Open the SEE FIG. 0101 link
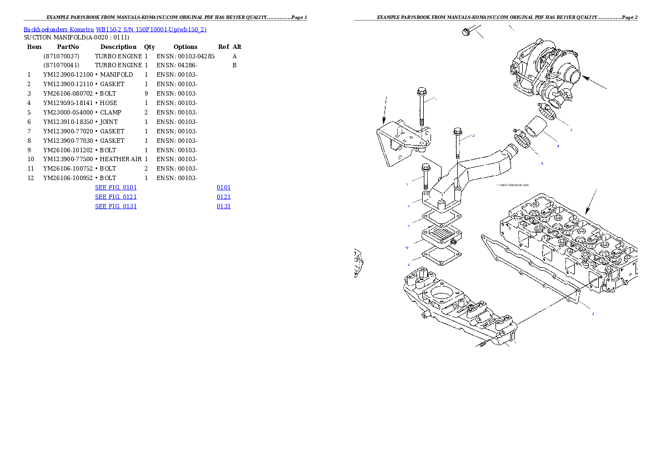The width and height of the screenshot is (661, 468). click(x=116, y=188)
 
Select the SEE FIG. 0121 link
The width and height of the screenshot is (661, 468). click(x=116, y=197)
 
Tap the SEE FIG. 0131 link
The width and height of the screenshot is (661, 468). click(x=116, y=206)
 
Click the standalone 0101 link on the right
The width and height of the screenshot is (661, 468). click(x=223, y=188)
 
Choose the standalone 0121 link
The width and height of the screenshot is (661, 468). click(x=223, y=197)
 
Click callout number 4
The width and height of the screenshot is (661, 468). click(x=558, y=146)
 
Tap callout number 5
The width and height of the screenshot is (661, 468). click(x=542, y=163)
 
